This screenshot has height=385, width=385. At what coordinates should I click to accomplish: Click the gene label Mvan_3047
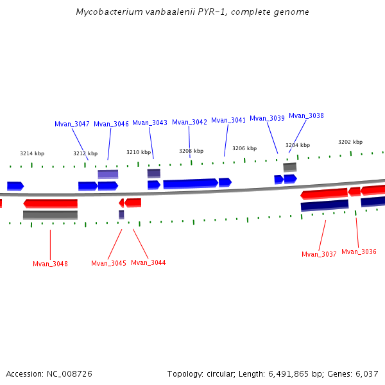pos(72,124)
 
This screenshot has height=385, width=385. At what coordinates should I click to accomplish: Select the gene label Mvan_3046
pos(111,124)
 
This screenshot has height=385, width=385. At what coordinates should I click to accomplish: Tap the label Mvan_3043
pos(150,123)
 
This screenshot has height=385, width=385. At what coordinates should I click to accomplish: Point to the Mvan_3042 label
pos(189,122)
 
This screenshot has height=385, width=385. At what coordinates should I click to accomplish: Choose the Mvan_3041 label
pos(228,120)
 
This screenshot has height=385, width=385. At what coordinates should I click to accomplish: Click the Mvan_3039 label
pos(267,118)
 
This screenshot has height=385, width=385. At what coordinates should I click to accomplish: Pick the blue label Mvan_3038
pos(306,116)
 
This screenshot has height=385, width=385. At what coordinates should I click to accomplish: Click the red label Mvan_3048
pos(50,264)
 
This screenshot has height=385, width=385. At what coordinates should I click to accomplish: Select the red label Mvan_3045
pos(108,263)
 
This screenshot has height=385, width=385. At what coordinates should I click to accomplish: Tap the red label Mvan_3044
pos(148,262)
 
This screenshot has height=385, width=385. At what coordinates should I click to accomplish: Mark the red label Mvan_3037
pos(319,254)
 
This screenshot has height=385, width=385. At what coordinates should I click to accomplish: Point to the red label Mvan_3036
pos(359,252)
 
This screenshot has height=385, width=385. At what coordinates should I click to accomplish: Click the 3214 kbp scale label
pos(32,153)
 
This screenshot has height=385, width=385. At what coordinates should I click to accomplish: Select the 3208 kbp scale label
pos(191,151)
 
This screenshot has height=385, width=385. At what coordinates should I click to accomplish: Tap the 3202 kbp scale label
pos(350,142)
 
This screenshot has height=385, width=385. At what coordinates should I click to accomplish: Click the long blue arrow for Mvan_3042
pos(190,184)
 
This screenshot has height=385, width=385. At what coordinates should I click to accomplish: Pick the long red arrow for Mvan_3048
pos(51,203)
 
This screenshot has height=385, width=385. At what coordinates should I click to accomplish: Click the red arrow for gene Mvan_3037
pos(324,193)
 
